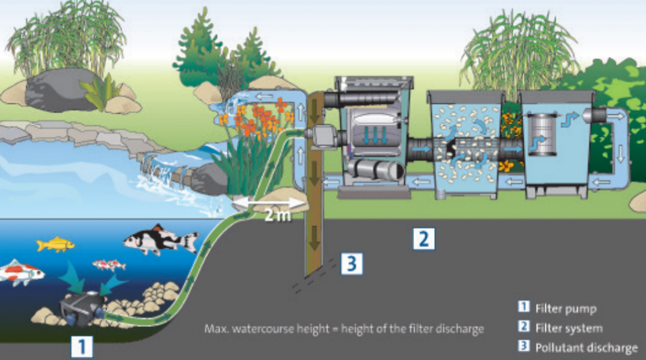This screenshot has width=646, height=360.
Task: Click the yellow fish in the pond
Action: pyautogui.click(x=56, y=244)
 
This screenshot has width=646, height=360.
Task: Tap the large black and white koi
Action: pyautogui.click(x=159, y=240)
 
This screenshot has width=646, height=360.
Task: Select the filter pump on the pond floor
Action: pyautogui.click(x=81, y=308)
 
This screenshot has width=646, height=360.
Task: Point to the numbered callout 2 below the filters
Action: pyautogui.click(x=423, y=238)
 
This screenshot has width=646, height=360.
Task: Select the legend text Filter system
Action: pyautogui.click(x=568, y=328)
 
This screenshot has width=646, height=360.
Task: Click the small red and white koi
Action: pyautogui.click(x=109, y=264)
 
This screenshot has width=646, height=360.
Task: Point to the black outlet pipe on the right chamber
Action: pyautogui.click(x=594, y=115)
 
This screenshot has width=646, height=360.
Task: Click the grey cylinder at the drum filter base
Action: pyautogui.click(x=374, y=172)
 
